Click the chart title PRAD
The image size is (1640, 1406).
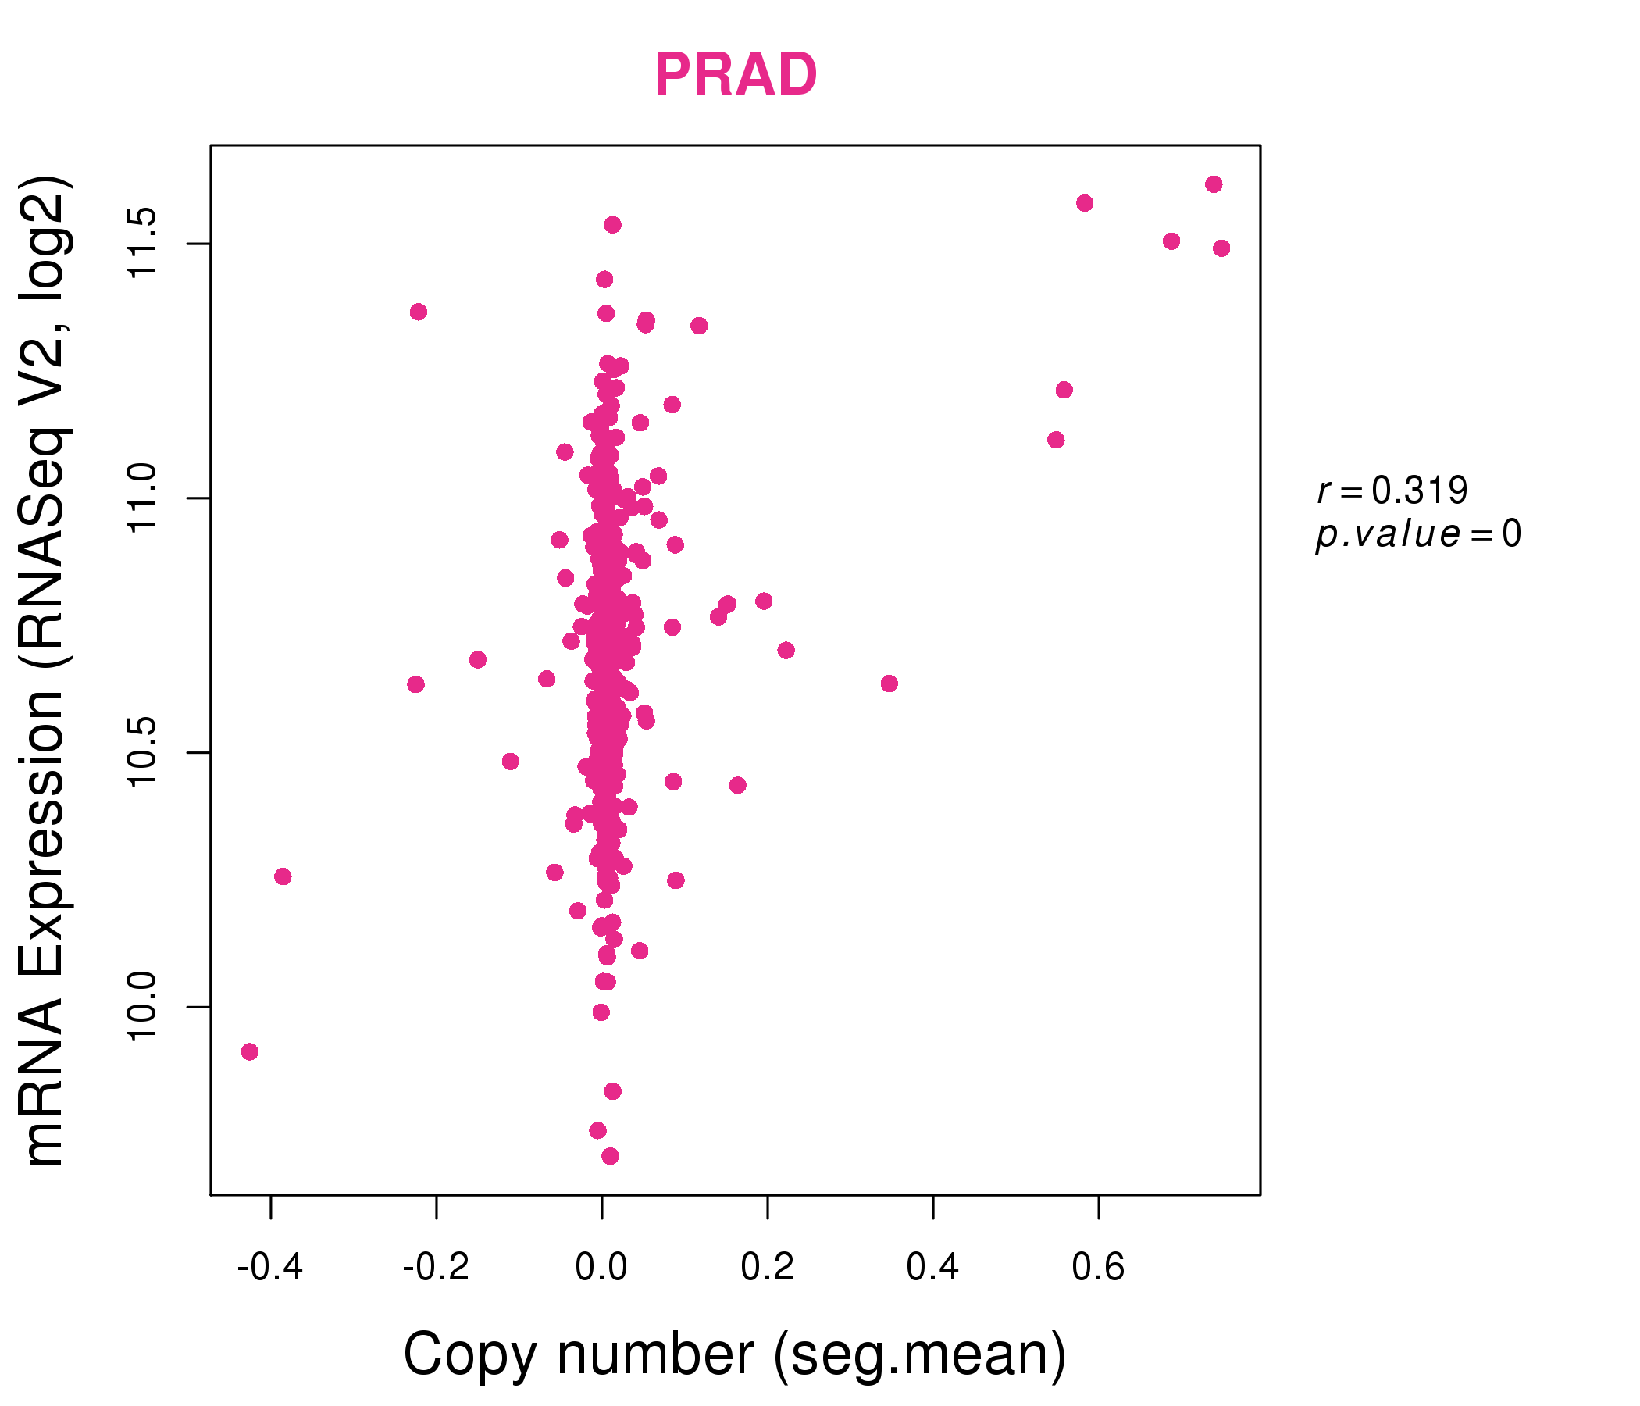736,75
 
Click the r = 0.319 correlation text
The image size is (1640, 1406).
1392,491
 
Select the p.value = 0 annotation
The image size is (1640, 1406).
1417,534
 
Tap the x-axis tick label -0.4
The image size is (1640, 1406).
270,1267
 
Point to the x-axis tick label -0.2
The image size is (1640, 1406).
436,1267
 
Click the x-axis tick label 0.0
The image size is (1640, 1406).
601,1267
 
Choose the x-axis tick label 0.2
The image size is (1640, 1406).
767,1267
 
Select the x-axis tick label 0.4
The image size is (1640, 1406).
932,1267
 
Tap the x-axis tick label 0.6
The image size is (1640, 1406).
1098,1267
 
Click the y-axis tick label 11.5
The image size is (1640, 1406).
143,244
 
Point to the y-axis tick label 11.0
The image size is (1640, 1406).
143,498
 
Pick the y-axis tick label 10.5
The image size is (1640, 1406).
143,753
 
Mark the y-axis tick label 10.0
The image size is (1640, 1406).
143,1007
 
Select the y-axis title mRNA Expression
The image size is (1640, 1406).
46,671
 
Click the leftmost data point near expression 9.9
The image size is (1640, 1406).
250,1051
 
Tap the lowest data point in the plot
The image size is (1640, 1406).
610,1156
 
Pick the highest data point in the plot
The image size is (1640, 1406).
1214,184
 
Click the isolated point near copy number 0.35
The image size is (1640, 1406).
889,683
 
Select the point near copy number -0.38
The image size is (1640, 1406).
283,876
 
